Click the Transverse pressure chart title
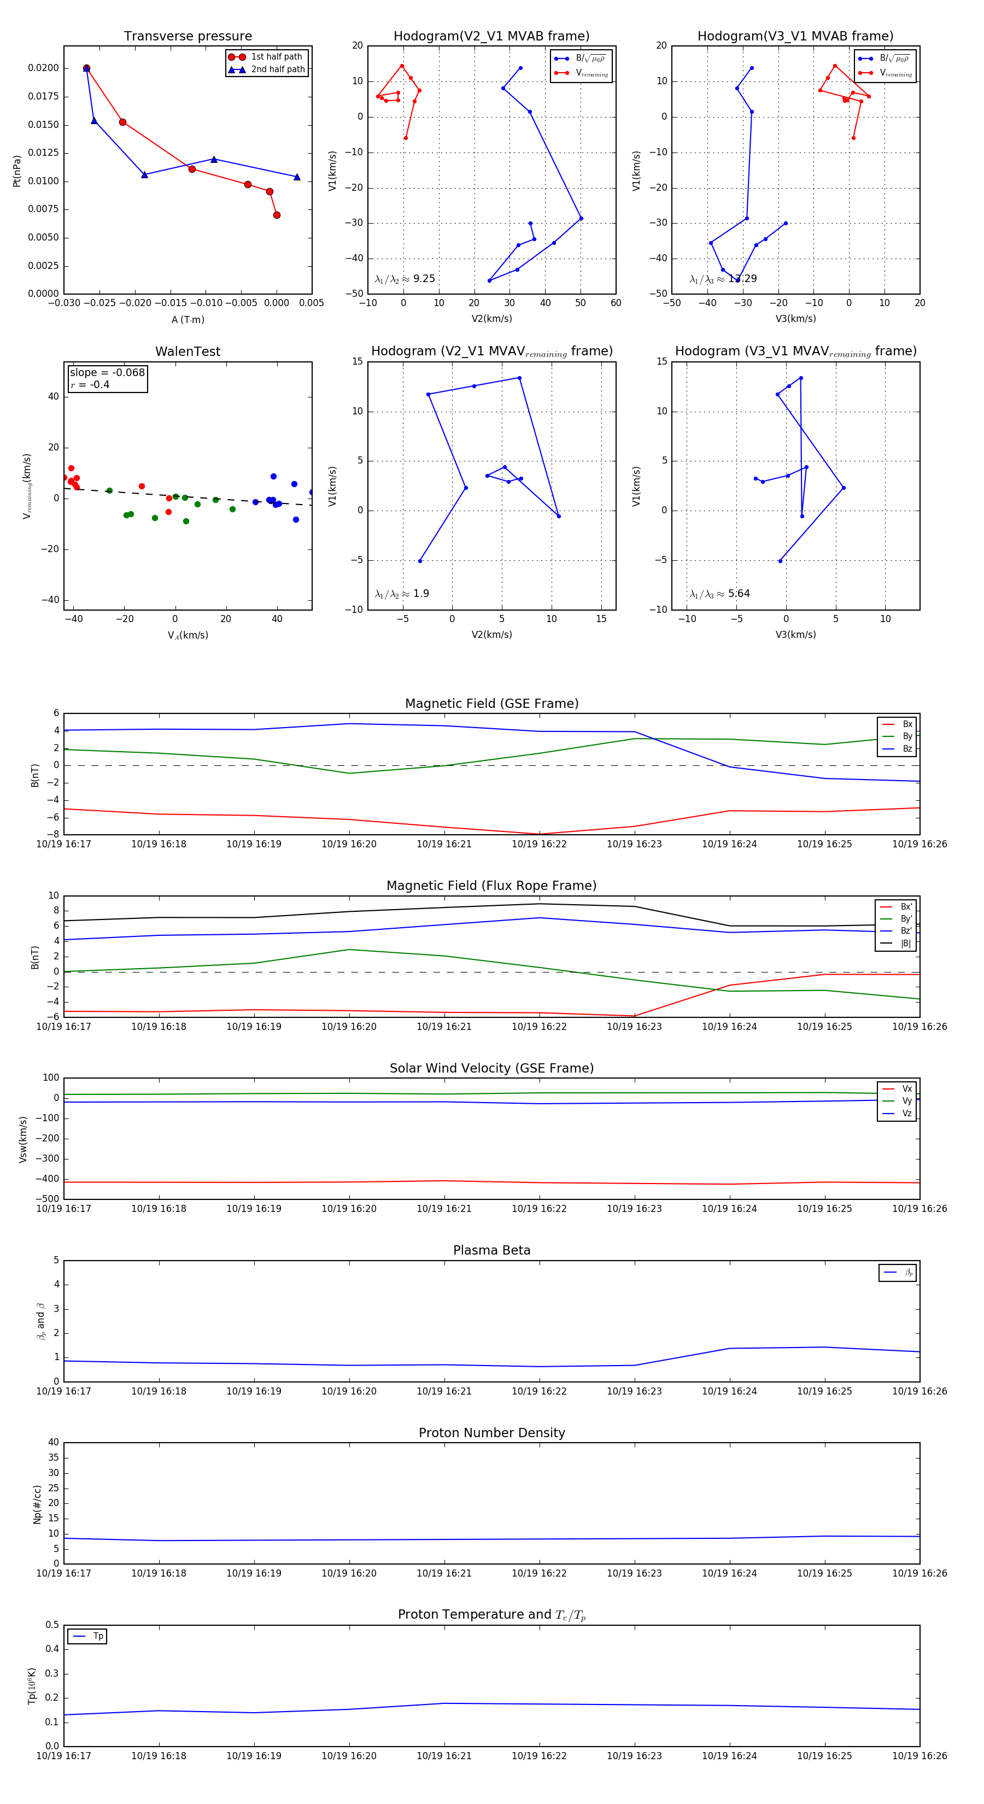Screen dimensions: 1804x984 point(188,37)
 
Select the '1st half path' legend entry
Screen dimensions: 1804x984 point(277,57)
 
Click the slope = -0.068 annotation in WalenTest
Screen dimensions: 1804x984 point(107,373)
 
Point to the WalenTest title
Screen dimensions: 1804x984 point(188,352)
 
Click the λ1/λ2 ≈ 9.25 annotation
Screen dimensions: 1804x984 point(405,279)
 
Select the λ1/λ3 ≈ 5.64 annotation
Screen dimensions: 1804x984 point(719,594)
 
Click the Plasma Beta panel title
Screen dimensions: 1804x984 point(491,1251)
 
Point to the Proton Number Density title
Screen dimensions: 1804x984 point(491,1433)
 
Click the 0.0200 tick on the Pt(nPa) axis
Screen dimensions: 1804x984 point(43,68)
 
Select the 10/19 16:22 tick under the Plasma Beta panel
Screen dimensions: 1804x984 point(538,1391)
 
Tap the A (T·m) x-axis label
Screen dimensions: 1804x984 point(188,320)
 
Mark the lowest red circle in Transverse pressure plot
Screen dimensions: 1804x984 point(277,215)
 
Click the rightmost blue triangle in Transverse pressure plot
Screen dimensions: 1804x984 point(297,177)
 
